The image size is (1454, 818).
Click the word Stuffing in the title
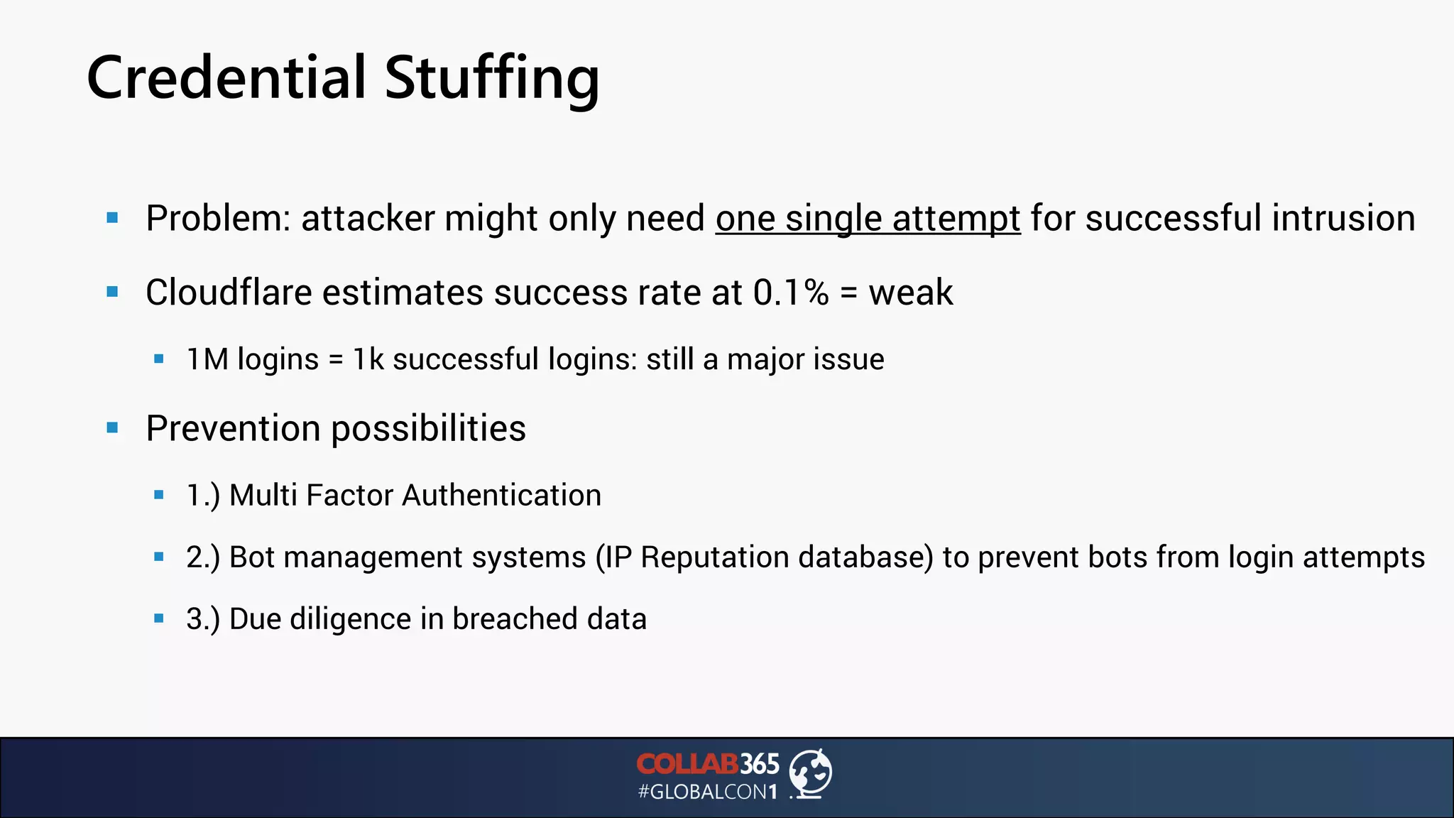(492, 78)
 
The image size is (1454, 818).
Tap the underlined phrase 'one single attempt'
(868, 218)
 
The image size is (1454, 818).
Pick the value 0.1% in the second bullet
(790, 293)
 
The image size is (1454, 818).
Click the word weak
(911, 293)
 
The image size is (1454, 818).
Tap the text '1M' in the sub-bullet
(207, 359)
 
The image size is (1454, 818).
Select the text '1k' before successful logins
(368, 359)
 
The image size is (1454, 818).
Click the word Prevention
(233, 428)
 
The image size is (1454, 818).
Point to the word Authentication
(501, 495)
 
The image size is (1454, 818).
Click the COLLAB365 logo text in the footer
(707, 764)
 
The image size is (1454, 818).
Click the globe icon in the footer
(811, 773)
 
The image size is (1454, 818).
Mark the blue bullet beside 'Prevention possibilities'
(112, 427)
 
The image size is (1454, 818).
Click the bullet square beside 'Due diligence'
(159, 618)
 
